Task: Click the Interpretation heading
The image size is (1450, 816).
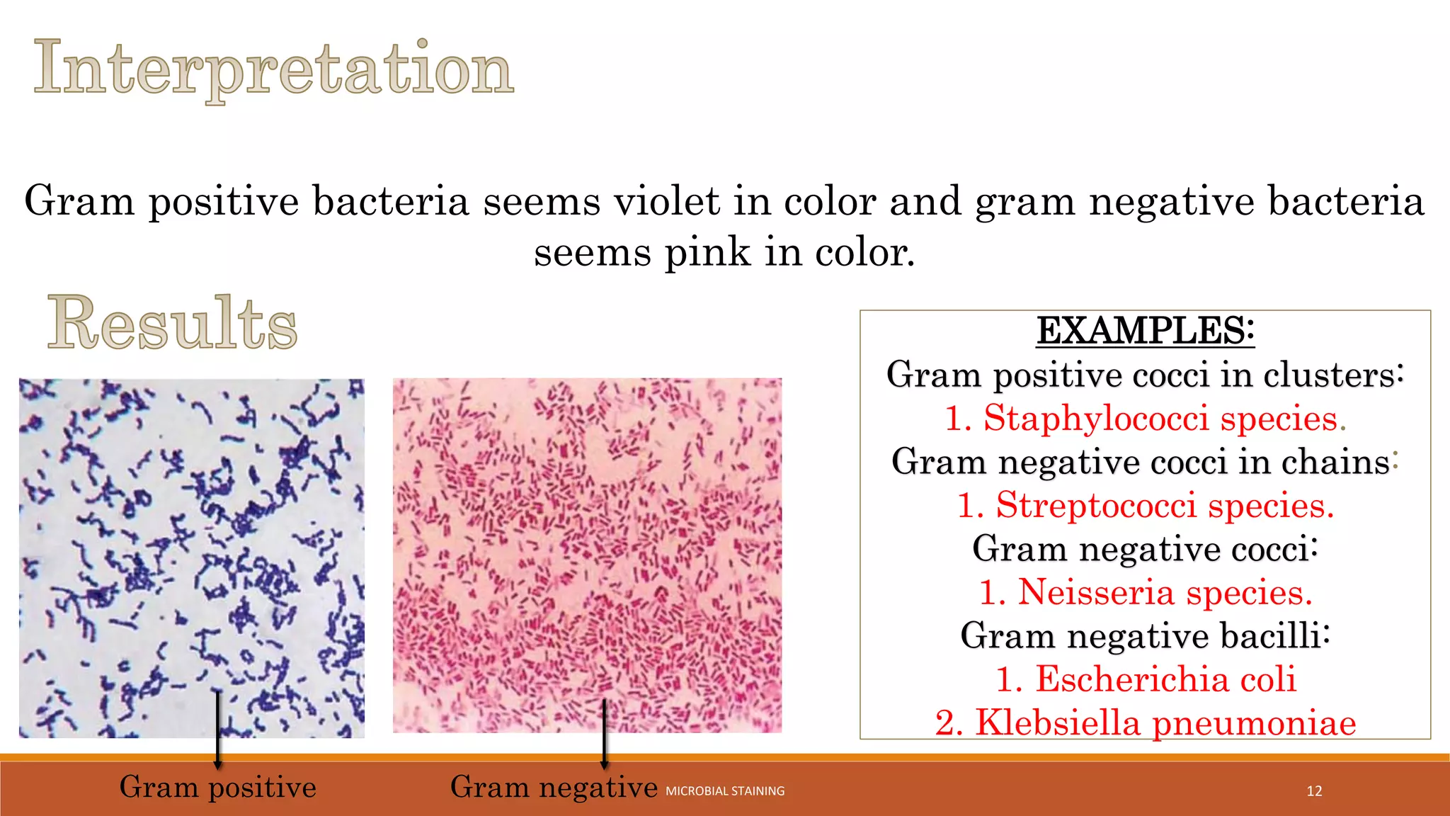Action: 273,69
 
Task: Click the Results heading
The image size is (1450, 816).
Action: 172,323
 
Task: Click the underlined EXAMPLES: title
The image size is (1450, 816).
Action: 1145,331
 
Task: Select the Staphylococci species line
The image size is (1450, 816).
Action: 1145,418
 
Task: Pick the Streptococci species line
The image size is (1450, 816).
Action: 1145,505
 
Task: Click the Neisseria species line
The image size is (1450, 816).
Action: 1145,592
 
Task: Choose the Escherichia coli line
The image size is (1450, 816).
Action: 1145,679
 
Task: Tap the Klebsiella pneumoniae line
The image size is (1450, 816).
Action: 1145,722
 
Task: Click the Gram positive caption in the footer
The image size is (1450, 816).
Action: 217,787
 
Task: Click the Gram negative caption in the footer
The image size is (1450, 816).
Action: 554,787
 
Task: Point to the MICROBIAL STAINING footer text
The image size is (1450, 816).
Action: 725,791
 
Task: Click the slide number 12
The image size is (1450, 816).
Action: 1314,791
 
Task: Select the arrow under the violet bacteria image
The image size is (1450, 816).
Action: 218,730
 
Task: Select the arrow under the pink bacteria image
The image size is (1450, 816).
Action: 604,733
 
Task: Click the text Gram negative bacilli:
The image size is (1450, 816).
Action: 1145,635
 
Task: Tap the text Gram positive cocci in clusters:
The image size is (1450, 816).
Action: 1145,375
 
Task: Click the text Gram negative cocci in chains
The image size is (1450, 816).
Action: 1140,462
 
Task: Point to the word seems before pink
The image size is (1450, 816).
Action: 592,252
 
